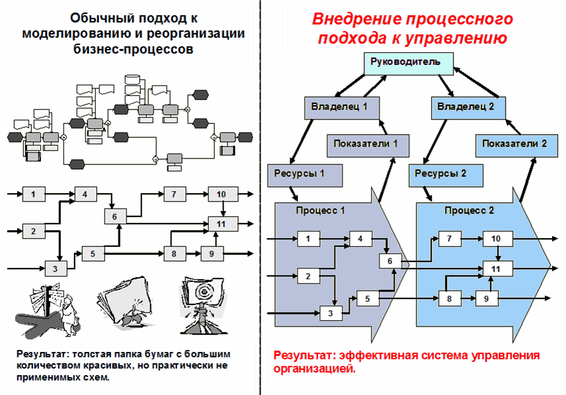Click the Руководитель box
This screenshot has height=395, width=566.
(x=411, y=64)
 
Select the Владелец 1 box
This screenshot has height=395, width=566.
(x=340, y=106)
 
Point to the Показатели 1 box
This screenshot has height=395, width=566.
(x=366, y=144)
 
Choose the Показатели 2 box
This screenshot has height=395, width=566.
(x=514, y=144)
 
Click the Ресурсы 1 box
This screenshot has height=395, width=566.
(x=305, y=175)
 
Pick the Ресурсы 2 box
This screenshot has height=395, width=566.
(x=440, y=175)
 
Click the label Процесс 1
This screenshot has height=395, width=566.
(x=320, y=211)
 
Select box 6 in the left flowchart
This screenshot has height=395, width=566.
(x=114, y=216)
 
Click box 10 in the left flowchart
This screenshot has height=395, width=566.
(x=221, y=194)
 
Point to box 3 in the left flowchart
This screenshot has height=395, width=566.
(x=56, y=268)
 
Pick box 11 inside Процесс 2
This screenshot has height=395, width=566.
(x=498, y=268)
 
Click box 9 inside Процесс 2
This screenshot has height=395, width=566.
(x=487, y=298)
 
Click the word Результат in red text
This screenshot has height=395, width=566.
(x=303, y=357)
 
